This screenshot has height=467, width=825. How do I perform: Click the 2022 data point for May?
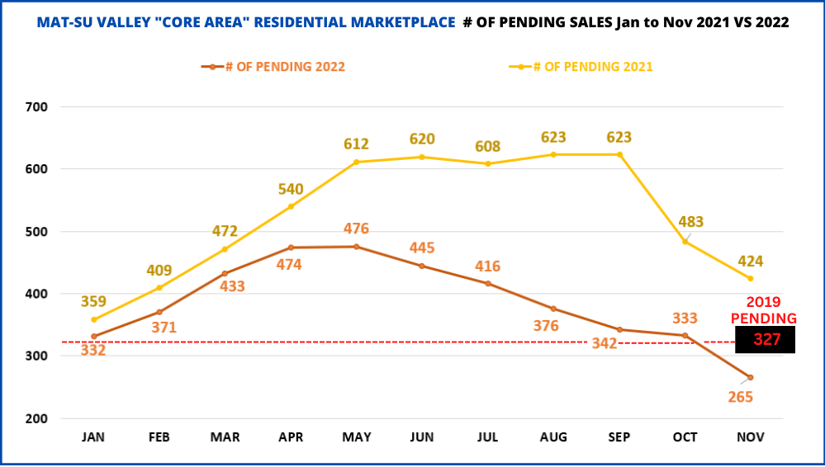point(356,247)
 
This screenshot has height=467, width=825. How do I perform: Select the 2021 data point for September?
point(619,154)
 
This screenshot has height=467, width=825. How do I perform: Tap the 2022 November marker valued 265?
point(751,378)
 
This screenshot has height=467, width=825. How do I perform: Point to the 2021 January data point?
point(93,320)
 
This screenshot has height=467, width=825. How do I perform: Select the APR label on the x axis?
point(290,437)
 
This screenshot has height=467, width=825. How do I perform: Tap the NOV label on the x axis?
point(751,437)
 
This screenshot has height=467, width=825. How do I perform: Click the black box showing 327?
point(765,339)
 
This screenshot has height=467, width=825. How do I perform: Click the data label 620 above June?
point(421,139)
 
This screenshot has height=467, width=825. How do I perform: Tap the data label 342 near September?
point(604,342)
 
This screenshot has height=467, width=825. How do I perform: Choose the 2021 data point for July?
point(487,163)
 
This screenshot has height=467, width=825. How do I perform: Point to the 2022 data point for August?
point(553,309)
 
